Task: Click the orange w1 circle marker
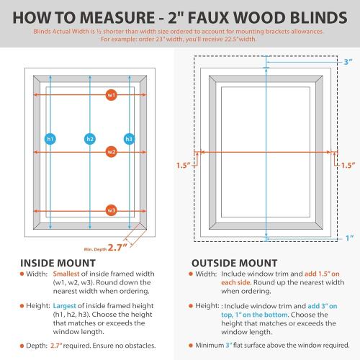coord(111,95)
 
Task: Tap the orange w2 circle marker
coord(111,152)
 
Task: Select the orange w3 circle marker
coord(111,210)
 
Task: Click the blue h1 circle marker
coord(50,138)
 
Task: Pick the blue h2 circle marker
coord(90,138)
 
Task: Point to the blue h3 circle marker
coord(130,138)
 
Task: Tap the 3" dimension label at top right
coord(348,63)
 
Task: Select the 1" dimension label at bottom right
coord(349,238)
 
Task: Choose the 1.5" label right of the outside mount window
coord(348,166)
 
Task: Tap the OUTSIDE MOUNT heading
coord(235,263)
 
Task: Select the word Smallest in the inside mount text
coord(70,275)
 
